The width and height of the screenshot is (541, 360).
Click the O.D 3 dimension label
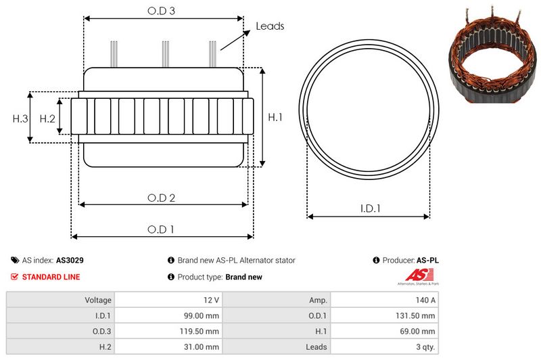click(x=162, y=11)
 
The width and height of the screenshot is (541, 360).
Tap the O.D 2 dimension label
click(x=162, y=198)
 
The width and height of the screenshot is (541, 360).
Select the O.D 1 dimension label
click(x=162, y=229)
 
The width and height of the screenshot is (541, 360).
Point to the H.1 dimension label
click(x=275, y=118)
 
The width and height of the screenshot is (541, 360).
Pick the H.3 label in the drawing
click(x=20, y=118)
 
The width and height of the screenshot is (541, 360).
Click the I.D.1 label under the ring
click(x=369, y=209)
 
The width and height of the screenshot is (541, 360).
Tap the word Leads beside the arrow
click(x=269, y=26)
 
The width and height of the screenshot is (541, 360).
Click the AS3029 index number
click(x=70, y=260)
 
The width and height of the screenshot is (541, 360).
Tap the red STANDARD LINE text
click(x=51, y=277)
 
